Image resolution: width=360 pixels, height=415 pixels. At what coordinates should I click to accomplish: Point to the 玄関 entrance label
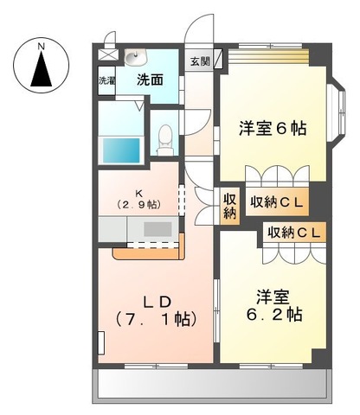(x=199, y=61)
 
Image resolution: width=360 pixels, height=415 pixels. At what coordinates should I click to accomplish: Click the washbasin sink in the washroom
(x=133, y=58)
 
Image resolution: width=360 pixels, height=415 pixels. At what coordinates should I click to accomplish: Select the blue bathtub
(x=121, y=149)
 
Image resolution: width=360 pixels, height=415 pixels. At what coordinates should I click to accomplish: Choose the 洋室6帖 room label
(x=273, y=129)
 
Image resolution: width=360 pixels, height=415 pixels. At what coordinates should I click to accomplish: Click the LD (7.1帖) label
(x=157, y=309)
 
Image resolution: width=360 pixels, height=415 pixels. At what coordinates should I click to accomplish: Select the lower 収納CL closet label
(x=295, y=233)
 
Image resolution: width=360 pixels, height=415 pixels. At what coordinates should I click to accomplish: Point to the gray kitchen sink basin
(x=157, y=229)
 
